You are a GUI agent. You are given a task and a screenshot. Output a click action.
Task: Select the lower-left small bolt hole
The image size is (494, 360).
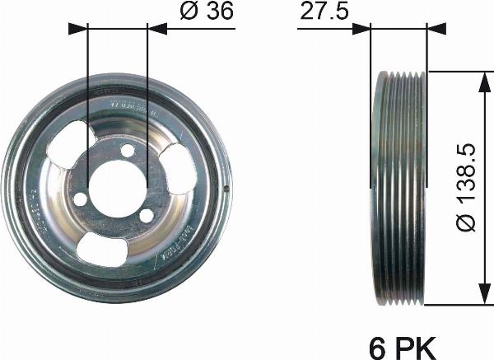coord(80,199)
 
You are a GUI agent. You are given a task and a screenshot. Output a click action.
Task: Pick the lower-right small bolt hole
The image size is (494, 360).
coord(146,215)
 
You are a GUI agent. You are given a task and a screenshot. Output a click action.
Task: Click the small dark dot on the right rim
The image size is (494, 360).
coord(226,189)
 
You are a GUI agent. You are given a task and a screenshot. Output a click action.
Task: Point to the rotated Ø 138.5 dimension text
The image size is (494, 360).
coord(467,183)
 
